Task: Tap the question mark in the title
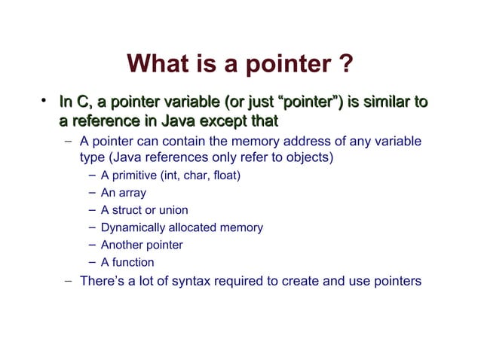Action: pos(345,66)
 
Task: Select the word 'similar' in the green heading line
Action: pos(384,102)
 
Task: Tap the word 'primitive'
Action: pos(133,176)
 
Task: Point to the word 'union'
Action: pos(173,211)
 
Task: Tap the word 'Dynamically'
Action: pos(131,228)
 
